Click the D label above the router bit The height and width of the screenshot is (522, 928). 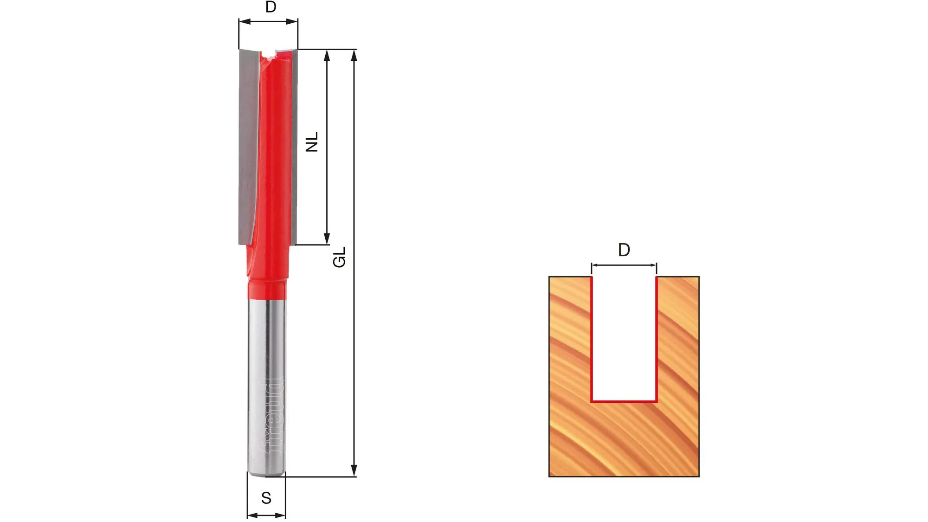point(271,7)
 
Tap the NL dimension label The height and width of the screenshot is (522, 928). point(312,142)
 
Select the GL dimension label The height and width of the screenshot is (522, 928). point(340,257)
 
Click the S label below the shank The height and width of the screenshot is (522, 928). point(266,498)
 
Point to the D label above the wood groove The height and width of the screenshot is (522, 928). point(624,250)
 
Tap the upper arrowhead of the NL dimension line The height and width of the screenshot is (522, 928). point(327,56)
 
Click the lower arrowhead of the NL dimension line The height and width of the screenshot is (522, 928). point(327,238)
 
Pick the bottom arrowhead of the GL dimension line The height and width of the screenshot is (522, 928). point(354,470)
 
